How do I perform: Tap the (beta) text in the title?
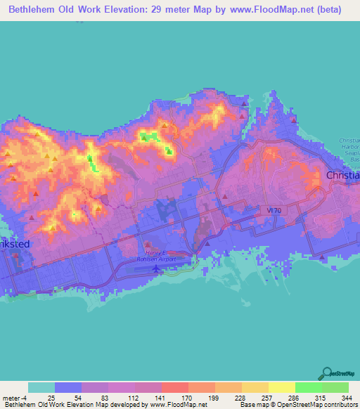[x=328, y=10]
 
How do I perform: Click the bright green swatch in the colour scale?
[x=309, y=387]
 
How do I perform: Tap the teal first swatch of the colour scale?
[x=41, y=387]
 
